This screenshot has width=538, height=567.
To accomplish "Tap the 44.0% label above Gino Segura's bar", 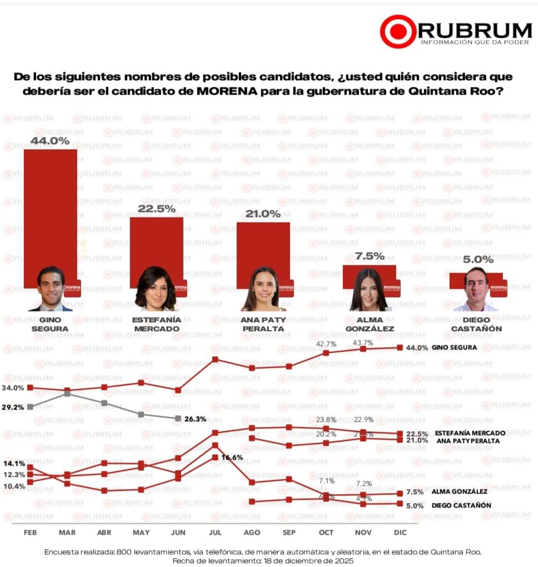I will pyautogui.click(x=49, y=141).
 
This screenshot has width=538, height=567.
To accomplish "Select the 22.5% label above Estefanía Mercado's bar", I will pyautogui.click(x=156, y=209).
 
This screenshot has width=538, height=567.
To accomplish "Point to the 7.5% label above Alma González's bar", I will pyautogui.click(x=369, y=256).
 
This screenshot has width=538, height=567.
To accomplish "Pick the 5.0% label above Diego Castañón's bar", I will pyautogui.click(x=476, y=259).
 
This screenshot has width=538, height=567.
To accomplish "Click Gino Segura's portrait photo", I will pyautogui.click(x=51, y=288).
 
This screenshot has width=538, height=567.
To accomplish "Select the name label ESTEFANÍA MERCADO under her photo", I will pyautogui.click(x=156, y=324).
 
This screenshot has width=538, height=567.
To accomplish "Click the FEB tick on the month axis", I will pyautogui.click(x=30, y=533).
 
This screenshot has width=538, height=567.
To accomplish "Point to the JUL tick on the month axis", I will pyautogui.click(x=215, y=533).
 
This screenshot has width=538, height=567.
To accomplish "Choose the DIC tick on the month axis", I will pyautogui.click(x=400, y=533).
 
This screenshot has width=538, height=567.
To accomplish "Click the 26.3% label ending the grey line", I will pyautogui.click(x=196, y=419).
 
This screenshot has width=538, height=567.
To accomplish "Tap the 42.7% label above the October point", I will pyautogui.click(x=326, y=344).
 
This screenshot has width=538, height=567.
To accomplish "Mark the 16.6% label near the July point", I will pyautogui.click(x=233, y=457).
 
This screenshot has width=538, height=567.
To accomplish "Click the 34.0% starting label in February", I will pyautogui.click(x=13, y=388).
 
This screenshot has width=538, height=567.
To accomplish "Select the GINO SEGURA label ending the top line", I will pyautogui.click(x=454, y=347).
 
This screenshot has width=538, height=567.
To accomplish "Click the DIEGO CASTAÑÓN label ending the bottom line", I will pyautogui.click(x=461, y=505).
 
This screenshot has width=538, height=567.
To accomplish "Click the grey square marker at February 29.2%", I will pyautogui.click(x=30, y=407).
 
